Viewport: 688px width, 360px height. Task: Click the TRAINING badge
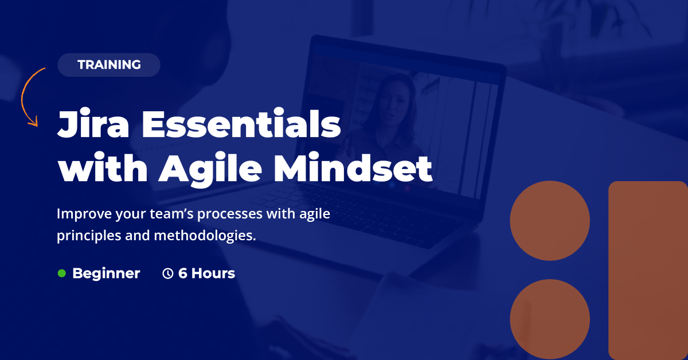109,65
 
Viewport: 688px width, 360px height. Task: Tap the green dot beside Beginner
62,273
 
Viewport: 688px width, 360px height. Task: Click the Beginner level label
106,273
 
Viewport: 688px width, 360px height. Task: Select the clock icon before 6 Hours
168,273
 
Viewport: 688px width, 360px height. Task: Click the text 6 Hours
206,273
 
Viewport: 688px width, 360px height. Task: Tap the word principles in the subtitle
87,236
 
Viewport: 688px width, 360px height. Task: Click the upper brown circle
550,221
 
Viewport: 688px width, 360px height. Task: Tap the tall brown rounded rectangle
648,270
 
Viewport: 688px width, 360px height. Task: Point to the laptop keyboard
344,201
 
